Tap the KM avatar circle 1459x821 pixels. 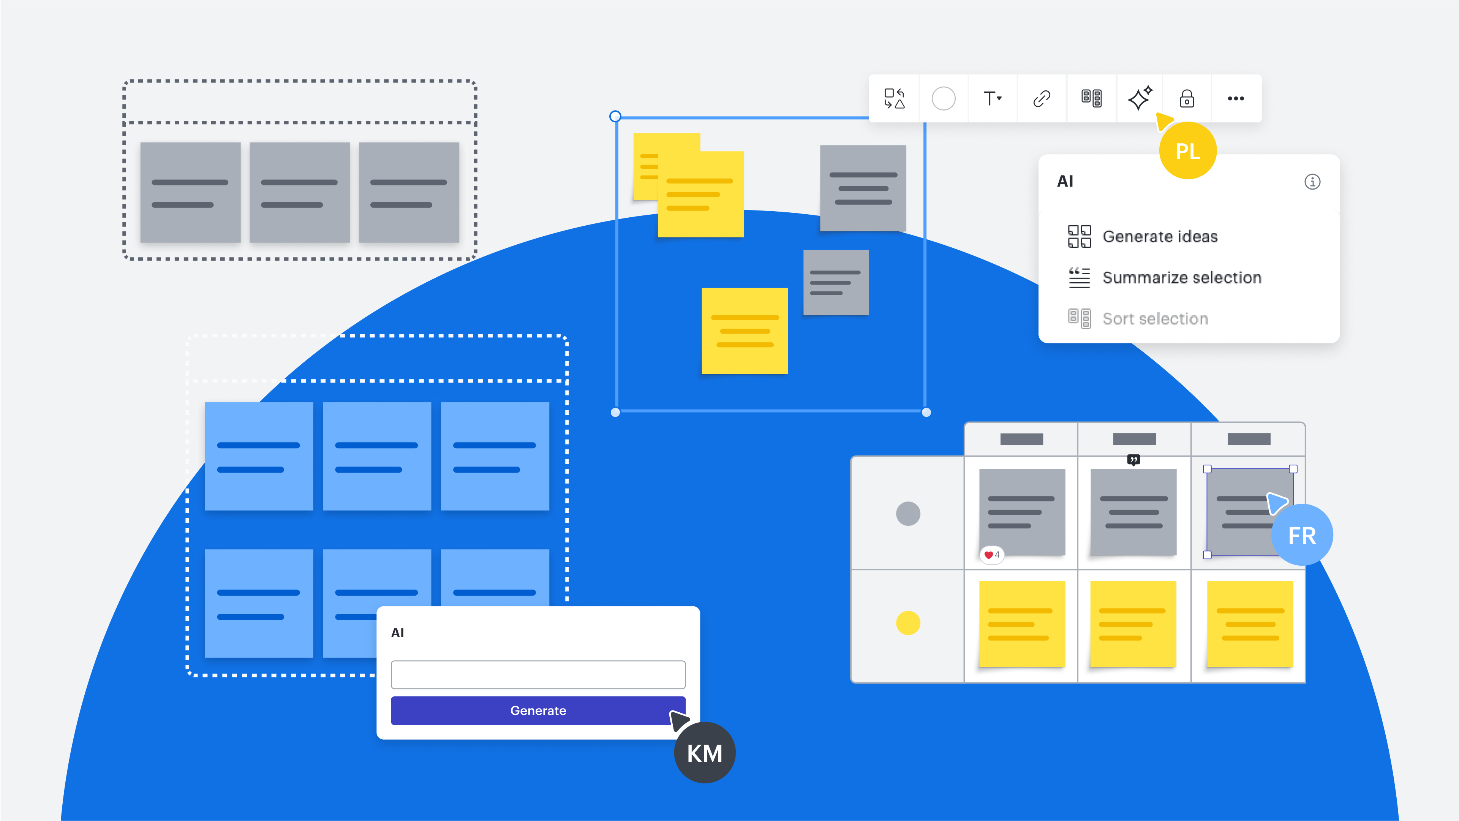pos(705,753)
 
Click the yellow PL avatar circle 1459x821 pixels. pos(1188,151)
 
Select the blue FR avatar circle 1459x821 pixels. pos(1302,535)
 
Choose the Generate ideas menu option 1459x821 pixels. pos(1159,236)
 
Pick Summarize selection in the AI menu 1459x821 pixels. pos(1181,278)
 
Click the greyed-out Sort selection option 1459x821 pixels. pos(1155,319)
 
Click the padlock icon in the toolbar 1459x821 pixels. pos(1187,98)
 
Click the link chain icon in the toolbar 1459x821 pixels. pos(1042,98)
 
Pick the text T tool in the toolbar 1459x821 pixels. pos(992,98)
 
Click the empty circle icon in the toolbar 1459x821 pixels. pos(944,98)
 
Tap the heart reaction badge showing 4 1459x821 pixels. pos(992,555)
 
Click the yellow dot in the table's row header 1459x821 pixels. pos(908,623)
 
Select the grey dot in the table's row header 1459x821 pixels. pos(908,513)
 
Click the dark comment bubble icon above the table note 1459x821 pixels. pos(1133,460)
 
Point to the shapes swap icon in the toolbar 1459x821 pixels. pos(894,98)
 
